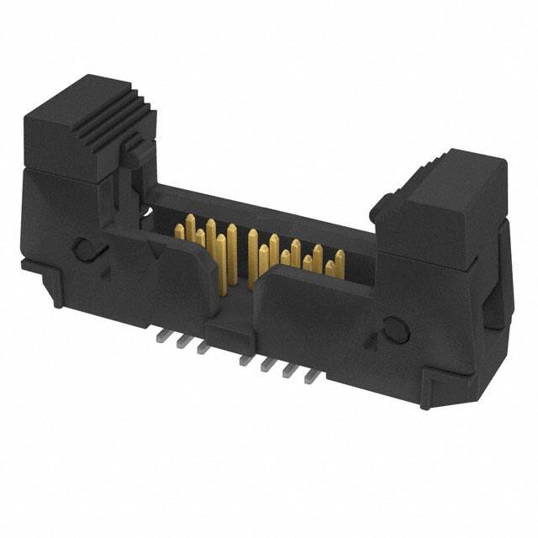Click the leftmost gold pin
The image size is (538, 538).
coord(179,229)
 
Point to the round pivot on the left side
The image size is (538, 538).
coord(84,248)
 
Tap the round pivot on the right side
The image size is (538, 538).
coord(395,331)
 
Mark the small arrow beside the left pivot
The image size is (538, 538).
coord(104,271)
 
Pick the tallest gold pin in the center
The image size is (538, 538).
coord(252,252)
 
